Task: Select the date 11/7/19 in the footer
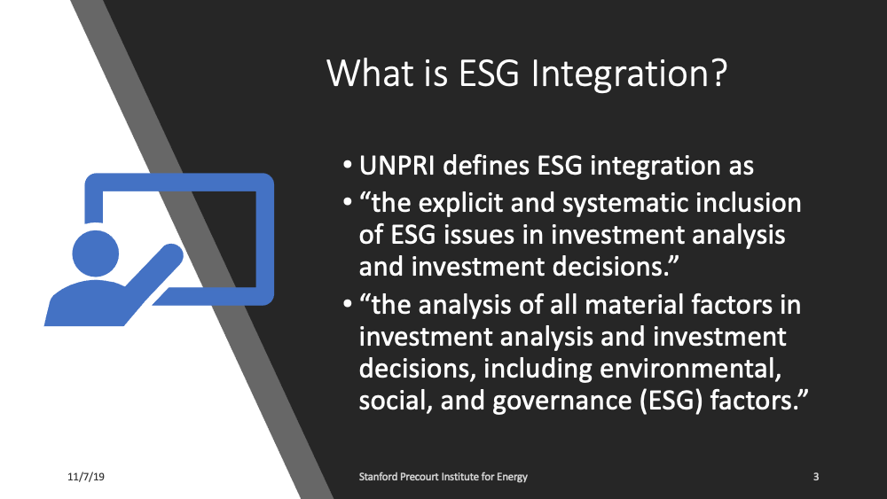click(86, 478)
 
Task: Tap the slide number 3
click(815, 478)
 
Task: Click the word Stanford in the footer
click(381, 478)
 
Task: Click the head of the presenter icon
click(92, 253)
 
